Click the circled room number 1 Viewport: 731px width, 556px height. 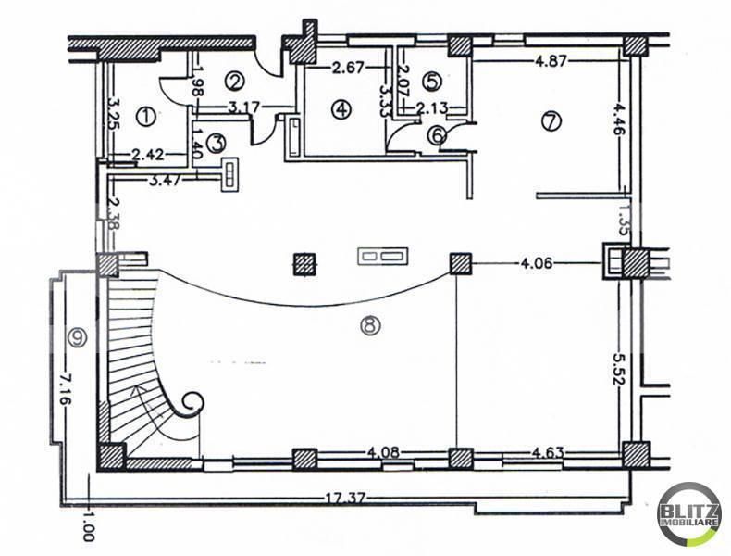145,116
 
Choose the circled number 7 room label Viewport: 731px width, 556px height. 551,121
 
